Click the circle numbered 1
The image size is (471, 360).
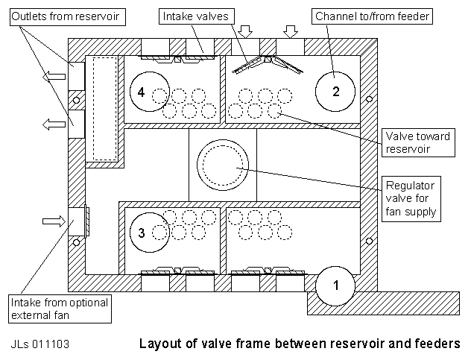(335, 285)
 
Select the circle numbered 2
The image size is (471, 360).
(335, 92)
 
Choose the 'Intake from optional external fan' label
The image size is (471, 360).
(60, 309)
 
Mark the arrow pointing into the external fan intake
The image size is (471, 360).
(54, 221)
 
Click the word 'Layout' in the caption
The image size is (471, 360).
(159, 344)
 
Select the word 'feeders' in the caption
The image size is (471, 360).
(435, 344)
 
